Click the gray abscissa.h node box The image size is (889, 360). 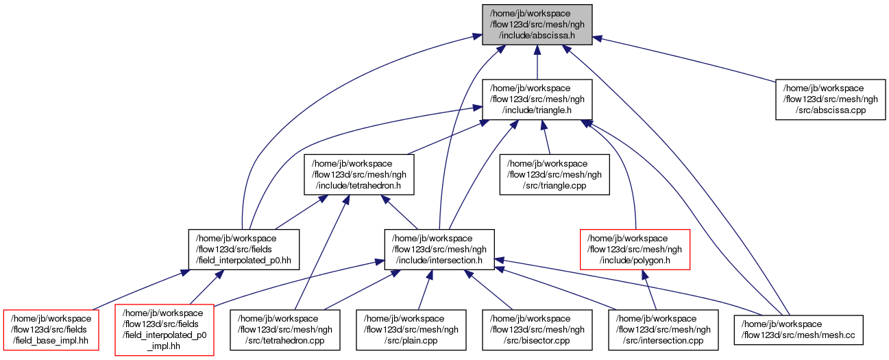[537, 25]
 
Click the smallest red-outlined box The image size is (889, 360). [51, 330]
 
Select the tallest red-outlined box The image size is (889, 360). [165, 330]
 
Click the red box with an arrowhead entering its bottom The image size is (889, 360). [635, 249]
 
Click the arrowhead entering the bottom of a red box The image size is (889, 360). [645, 274]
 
